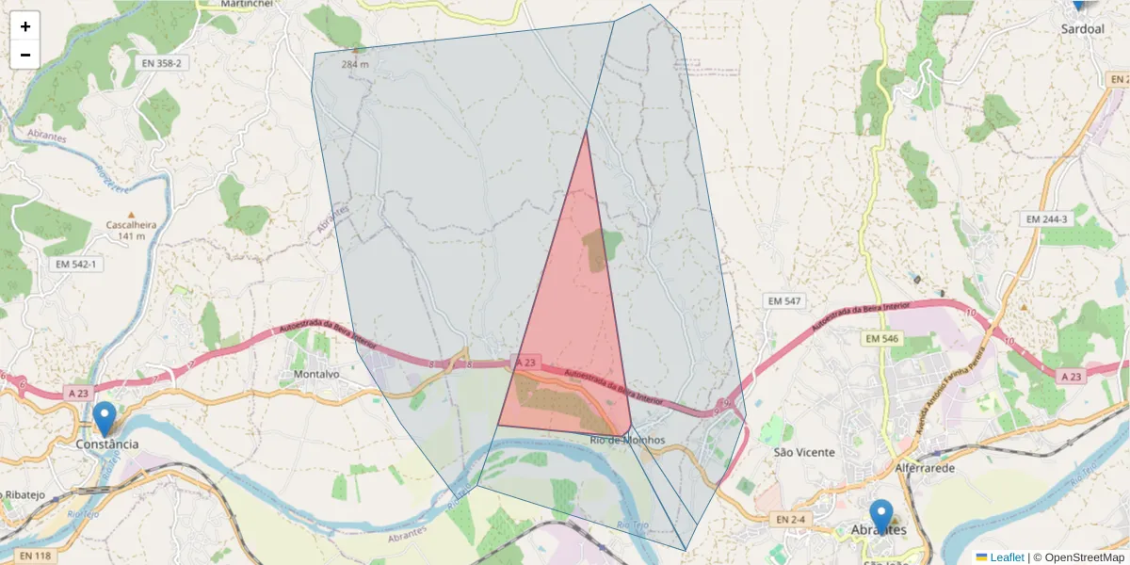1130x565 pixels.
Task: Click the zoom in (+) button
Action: [x=25, y=26]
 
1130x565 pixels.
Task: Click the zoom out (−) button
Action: [x=25, y=55]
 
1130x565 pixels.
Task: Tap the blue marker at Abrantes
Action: [x=880, y=517]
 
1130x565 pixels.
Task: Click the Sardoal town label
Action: [x=1082, y=29]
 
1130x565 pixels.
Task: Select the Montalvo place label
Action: [x=316, y=374]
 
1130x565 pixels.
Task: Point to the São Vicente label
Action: [x=803, y=452]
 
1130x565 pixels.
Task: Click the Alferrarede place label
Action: [x=926, y=468]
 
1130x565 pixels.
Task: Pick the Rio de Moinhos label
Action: [x=627, y=441]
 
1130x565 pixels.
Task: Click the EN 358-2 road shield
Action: [x=162, y=63]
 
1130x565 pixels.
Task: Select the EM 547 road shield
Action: [x=783, y=300]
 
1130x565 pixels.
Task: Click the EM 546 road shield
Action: [x=883, y=338]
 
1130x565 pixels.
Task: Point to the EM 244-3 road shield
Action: [x=1046, y=219]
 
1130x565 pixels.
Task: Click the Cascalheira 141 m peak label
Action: [x=131, y=230]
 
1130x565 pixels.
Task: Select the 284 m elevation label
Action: [x=354, y=64]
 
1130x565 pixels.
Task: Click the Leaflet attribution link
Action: [x=1007, y=557]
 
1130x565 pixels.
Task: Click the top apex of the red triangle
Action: [x=587, y=131]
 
